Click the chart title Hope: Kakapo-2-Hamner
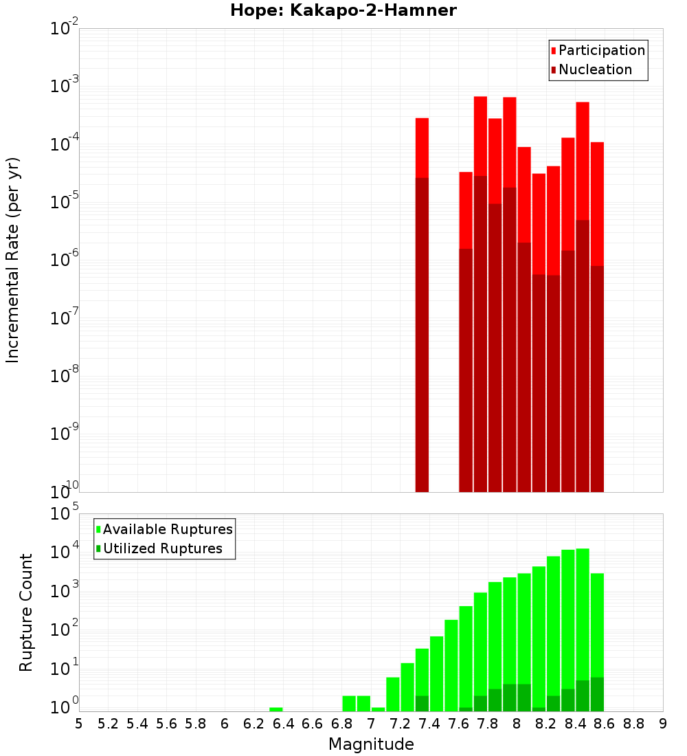click(343, 10)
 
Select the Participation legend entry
click(602, 50)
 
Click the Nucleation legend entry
click(595, 69)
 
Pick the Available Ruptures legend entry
click(168, 529)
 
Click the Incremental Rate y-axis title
click(13, 260)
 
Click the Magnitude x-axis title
click(371, 744)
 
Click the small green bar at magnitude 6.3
click(276, 709)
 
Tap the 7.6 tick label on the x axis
click(458, 724)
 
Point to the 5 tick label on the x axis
click(79, 724)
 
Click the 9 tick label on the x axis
click(663, 724)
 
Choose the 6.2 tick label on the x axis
click(254, 724)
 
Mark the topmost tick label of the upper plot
click(65, 30)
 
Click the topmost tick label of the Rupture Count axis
click(65, 514)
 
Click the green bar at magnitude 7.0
click(378, 709)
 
